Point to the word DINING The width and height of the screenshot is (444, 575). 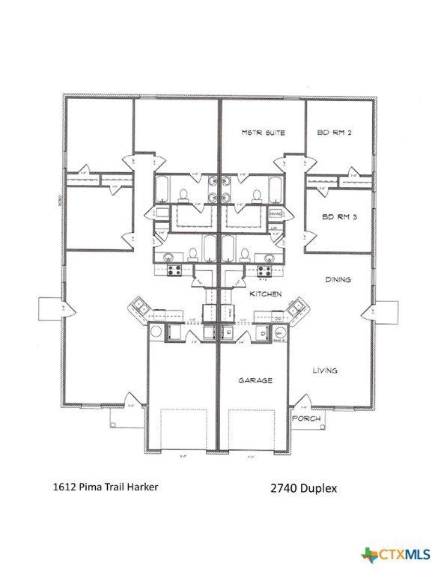pyautogui.click(x=338, y=279)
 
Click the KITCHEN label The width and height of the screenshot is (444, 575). pyautogui.click(x=265, y=294)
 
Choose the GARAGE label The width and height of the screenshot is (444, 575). pyautogui.click(x=255, y=380)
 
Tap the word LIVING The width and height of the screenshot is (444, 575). pyautogui.click(x=324, y=370)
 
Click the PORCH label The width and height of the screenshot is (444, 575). pyautogui.click(x=307, y=418)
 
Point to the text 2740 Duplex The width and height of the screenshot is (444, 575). pyautogui.click(x=304, y=488)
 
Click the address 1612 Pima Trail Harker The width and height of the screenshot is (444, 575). pyautogui.click(x=106, y=486)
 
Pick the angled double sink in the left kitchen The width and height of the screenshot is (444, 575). pyautogui.click(x=142, y=306)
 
